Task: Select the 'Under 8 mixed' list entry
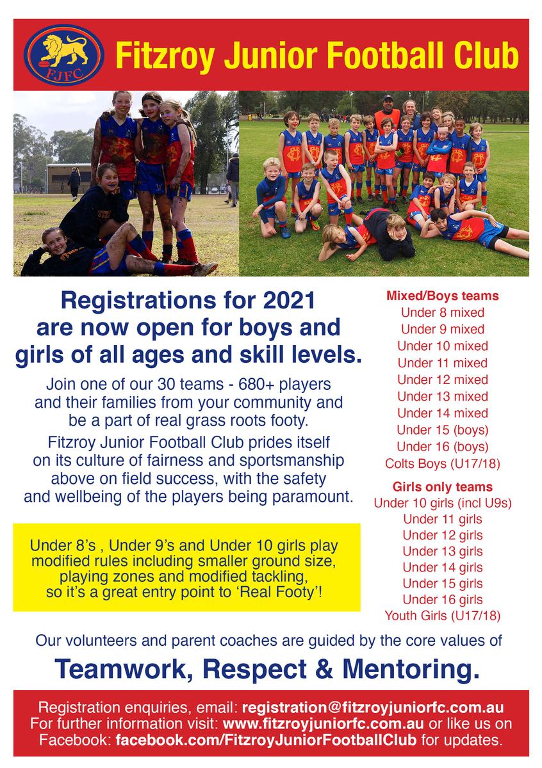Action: click(443, 312)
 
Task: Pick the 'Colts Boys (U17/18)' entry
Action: click(443, 463)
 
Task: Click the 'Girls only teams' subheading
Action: click(443, 486)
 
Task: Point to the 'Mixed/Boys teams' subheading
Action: click(443, 296)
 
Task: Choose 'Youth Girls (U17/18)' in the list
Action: click(443, 616)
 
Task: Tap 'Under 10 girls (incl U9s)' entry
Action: click(443, 503)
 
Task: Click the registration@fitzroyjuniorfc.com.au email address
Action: click(373, 708)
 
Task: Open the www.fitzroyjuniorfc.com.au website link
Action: click(323, 723)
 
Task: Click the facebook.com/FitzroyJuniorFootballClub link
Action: click(266, 740)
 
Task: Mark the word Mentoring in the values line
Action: click(411, 669)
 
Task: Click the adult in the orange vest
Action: click(387, 116)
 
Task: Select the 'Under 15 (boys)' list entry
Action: click(443, 430)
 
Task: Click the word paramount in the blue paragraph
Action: click(313, 497)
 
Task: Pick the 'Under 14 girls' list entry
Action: click(443, 568)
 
